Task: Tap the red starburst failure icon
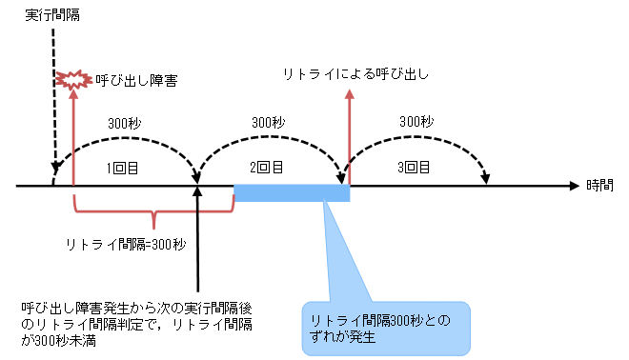click(70, 80)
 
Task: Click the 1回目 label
click(119, 168)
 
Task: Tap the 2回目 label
click(267, 168)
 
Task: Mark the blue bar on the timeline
click(292, 193)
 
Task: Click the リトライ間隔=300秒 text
click(126, 244)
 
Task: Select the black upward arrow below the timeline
click(197, 238)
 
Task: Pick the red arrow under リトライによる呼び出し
click(349, 133)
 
